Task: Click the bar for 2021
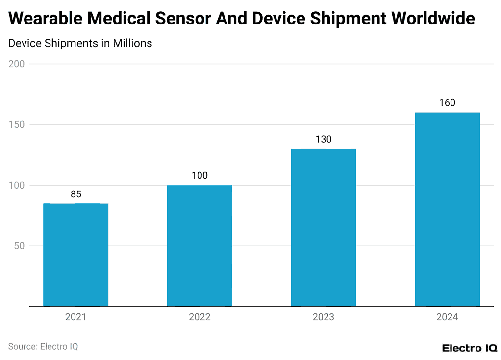tap(75, 255)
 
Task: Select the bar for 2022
tap(200, 246)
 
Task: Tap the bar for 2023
tap(323, 228)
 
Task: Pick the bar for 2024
tap(447, 210)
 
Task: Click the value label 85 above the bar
tap(75, 194)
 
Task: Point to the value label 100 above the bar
tap(200, 176)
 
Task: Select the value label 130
tap(323, 139)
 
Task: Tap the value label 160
tap(447, 103)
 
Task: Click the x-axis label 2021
tap(75, 317)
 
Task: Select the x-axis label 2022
tap(200, 317)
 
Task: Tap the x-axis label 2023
tap(323, 317)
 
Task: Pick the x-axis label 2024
tap(447, 317)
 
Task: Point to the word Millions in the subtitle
tap(132, 43)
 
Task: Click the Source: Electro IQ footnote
tap(43, 346)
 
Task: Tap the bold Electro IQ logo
tap(469, 348)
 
